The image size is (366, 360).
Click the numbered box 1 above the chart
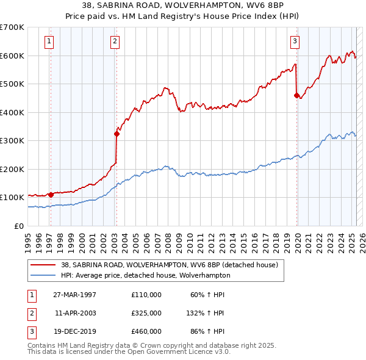pyautogui.click(x=48, y=41)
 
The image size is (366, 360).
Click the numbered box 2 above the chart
pyautogui.click(x=115, y=41)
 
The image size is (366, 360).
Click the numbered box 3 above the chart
pyautogui.click(x=295, y=41)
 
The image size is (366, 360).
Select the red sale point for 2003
pyautogui.click(x=116, y=134)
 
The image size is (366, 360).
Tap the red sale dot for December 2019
pyautogui.click(x=296, y=95)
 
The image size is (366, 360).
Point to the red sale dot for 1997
pyautogui.click(x=51, y=195)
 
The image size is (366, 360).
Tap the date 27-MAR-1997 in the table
pyautogui.click(x=75, y=295)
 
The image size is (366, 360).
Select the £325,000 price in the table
pyautogui.click(x=146, y=313)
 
